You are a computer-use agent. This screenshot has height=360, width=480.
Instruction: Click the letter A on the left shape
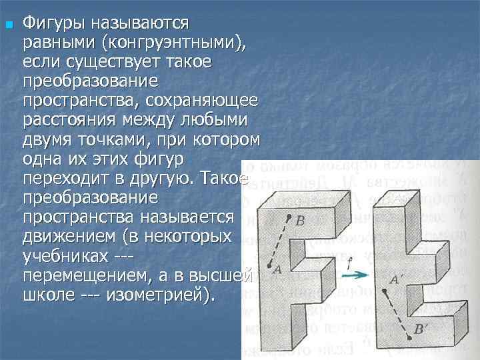coord(277,269)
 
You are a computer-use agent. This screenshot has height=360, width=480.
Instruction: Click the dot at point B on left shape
coord(289,217)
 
